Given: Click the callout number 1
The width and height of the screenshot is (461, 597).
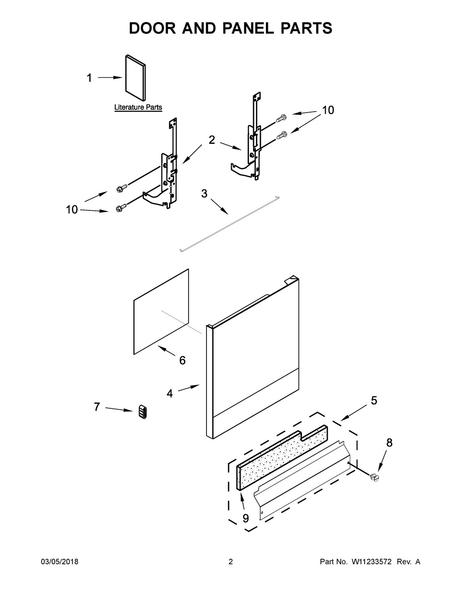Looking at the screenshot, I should tap(89, 78).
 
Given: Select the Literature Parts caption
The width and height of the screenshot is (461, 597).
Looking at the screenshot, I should tap(138, 107).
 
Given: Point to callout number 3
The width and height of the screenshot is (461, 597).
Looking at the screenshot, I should tap(204, 194).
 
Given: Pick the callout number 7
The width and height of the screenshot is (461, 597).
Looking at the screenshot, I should tap(97, 407).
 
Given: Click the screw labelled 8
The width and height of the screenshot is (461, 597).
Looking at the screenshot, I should tap(374, 478).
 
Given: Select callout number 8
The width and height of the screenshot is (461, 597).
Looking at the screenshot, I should tap(390, 443).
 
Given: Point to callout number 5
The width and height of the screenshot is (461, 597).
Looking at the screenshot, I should tap(374, 400).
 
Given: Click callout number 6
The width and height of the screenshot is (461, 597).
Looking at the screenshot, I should tap(182, 360).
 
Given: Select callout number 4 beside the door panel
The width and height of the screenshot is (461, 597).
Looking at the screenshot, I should tap(170, 394).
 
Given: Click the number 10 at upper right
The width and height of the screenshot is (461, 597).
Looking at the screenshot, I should tap(328, 110).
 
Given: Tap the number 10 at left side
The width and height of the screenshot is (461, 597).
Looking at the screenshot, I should tap(72, 210).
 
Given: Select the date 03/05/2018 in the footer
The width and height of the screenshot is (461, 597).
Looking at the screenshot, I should tap(60, 562).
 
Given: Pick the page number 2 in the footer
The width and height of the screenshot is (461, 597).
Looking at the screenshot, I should tap(230, 562).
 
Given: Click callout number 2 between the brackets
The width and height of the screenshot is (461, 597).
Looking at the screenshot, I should tap(212, 140).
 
